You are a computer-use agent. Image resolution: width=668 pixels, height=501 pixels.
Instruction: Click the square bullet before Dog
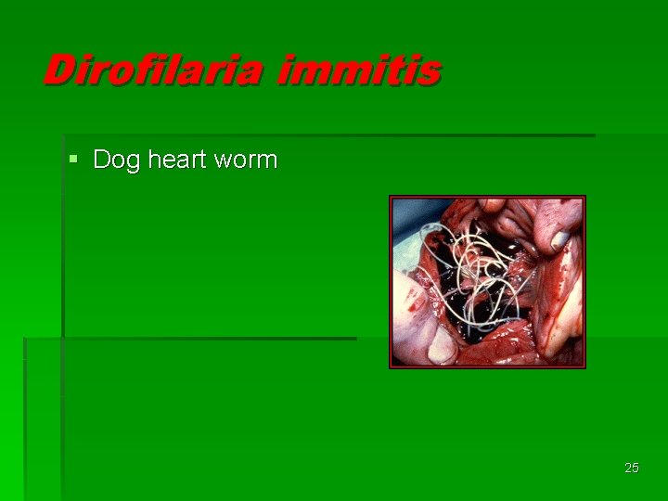click(x=74, y=160)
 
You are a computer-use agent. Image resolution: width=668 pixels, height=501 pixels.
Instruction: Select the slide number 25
click(x=632, y=468)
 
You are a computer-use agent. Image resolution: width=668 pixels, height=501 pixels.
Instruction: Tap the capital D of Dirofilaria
click(x=60, y=71)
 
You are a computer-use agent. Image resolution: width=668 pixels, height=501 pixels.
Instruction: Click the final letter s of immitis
click(x=428, y=72)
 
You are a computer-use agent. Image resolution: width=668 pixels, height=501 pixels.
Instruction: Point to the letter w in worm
click(x=223, y=161)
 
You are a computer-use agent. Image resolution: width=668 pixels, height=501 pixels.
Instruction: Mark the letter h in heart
click(x=154, y=160)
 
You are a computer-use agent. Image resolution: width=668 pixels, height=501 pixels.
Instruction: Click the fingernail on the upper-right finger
click(x=560, y=239)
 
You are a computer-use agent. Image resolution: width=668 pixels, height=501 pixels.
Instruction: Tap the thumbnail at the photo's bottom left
click(x=442, y=347)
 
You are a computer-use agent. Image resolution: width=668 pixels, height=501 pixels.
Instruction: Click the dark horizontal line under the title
click(x=325, y=135)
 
